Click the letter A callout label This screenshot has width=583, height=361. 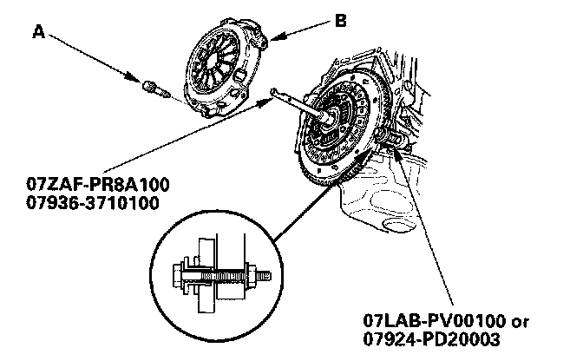click(x=38, y=32)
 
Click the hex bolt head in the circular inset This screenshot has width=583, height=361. click(x=181, y=276)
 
